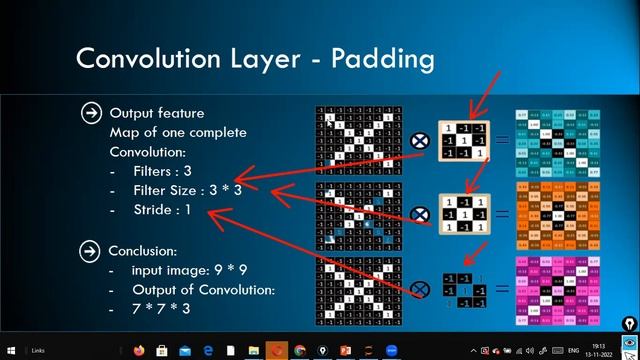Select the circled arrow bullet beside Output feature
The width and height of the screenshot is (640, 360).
[91, 113]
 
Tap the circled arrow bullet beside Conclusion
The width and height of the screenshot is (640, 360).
[91, 251]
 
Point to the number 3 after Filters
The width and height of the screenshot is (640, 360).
[187, 171]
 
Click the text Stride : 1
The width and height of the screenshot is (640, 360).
[162, 210]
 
